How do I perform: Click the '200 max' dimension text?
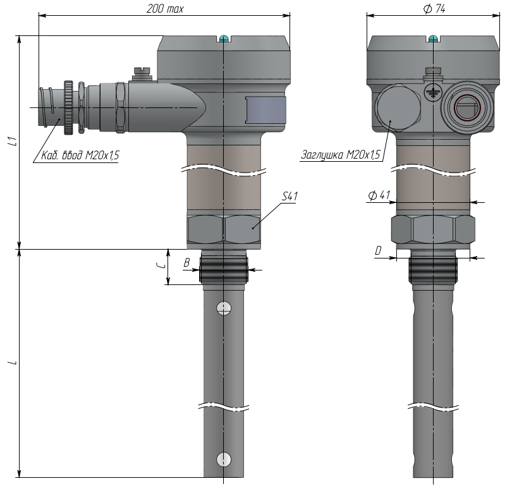(165, 9)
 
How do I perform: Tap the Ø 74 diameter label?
(434, 9)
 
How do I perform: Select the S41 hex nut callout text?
(290, 196)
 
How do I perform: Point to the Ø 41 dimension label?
(379, 195)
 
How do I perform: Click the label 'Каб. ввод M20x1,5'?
(80, 155)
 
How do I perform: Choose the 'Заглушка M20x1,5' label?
(341, 154)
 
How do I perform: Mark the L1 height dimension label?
(13, 141)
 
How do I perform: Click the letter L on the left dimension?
(13, 362)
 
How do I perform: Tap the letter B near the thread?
(186, 262)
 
